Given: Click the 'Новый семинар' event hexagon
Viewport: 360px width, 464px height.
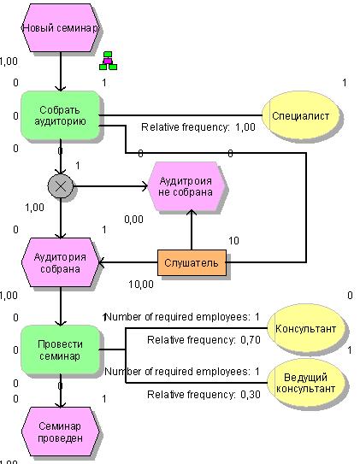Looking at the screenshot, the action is coord(61,28).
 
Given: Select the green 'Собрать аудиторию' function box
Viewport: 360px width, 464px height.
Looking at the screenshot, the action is coord(60,115).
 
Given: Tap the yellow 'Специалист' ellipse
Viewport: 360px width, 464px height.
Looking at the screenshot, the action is coord(300,115).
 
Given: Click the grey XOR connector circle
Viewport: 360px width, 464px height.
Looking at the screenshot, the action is coord(61,186).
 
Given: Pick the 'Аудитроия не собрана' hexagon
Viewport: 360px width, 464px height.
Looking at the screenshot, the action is coord(186,186).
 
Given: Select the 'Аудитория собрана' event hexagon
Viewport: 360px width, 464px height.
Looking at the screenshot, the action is coord(61,262).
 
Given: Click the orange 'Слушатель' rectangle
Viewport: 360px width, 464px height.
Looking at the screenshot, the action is coord(192,263).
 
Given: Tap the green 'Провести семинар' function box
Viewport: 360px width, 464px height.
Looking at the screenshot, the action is coord(60,349).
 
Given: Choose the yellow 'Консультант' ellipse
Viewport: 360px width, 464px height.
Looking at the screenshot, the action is coord(306,328).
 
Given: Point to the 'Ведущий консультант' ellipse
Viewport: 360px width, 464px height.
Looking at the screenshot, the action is coord(306,383).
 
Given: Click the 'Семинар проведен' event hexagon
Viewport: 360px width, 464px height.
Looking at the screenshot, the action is coord(61,432).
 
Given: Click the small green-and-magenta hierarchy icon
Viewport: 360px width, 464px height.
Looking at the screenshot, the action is coord(108,61).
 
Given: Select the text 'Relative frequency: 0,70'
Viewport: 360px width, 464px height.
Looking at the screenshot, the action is coord(204,340).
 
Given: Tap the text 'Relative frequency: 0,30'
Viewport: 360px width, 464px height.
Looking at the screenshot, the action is coord(204,395).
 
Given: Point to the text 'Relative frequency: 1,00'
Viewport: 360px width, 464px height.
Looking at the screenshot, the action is coord(198,127).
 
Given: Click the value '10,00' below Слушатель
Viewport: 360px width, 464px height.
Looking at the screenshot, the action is coord(141,285).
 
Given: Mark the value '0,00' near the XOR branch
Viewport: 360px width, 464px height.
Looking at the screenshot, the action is coord(133,220).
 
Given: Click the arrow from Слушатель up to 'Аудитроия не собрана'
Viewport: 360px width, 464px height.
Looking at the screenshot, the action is coord(192,230).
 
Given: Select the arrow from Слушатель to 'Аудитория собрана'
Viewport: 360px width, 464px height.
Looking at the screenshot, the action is coord(128,262).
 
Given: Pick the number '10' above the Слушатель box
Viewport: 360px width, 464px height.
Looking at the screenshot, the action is coord(233,241).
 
